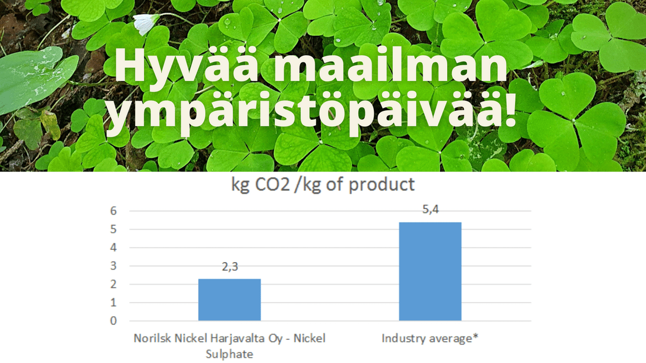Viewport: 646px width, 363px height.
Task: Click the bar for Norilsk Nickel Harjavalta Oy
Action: point(230,300)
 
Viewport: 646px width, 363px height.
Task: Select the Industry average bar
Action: point(430,271)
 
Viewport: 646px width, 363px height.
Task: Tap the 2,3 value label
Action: point(230,266)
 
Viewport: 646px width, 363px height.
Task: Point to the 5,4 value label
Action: point(431,210)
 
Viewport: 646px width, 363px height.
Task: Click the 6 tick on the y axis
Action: point(113,211)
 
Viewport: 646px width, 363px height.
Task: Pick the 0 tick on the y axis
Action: point(113,321)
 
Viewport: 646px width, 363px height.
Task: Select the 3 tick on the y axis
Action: point(113,266)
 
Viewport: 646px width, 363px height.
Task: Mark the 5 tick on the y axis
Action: point(113,229)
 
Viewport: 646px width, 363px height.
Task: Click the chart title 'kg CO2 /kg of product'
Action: point(323,185)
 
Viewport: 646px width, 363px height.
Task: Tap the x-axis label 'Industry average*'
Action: point(430,338)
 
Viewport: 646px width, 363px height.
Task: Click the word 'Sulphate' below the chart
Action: point(230,354)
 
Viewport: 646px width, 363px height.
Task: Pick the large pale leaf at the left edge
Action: point(35,78)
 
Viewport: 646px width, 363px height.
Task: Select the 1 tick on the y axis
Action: point(113,302)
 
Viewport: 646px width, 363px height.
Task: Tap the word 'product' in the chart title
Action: point(382,185)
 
